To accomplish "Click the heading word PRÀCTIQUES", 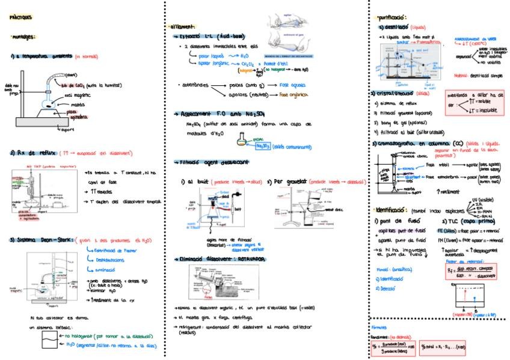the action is (x=20, y=17).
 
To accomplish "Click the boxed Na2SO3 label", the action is (x=261, y=145).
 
